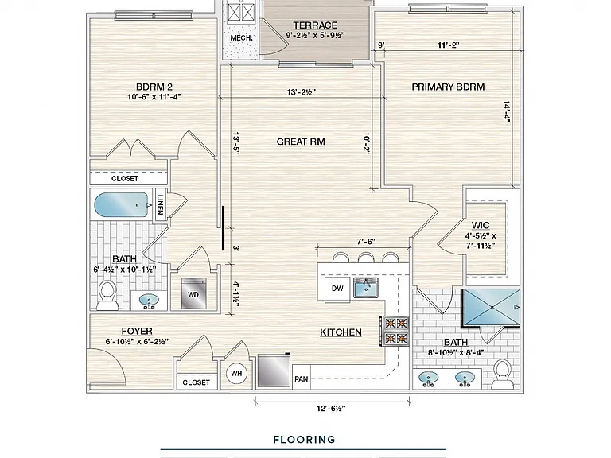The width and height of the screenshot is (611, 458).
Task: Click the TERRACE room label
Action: [x=315, y=25]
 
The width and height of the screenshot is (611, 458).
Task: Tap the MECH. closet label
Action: [x=241, y=38]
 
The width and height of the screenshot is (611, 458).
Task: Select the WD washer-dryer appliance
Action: [x=193, y=294]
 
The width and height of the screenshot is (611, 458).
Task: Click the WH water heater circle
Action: [x=236, y=373]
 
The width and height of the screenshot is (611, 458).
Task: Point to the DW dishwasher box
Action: [x=337, y=289]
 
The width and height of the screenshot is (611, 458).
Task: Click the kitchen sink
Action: [x=365, y=288]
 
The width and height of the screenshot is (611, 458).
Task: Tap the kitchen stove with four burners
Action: [x=395, y=331]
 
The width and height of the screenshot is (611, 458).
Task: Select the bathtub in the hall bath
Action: [x=122, y=205]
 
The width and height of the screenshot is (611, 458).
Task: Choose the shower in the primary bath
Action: [x=492, y=308]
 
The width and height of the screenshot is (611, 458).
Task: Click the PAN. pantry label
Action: [x=302, y=378]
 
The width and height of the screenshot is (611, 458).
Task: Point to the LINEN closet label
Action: [x=160, y=205]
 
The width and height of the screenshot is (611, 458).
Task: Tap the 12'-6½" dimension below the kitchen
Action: [x=331, y=408]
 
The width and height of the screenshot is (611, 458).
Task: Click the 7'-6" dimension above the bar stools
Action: [x=365, y=242]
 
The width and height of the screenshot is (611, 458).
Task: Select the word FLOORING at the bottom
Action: [x=305, y=440]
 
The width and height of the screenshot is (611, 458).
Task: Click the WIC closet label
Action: [x=480, y=225]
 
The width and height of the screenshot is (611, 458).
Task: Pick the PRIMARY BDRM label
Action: [x=448, y=87]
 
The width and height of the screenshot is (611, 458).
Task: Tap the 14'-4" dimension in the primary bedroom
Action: [x=506, y=112]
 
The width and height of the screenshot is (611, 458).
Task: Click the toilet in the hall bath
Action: [x=107, y=296]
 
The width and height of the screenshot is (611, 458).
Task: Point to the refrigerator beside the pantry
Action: [x=274, y=371]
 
